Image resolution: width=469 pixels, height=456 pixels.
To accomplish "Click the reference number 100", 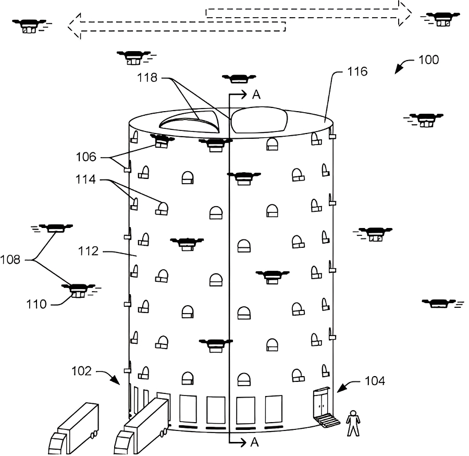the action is tap(429, 60).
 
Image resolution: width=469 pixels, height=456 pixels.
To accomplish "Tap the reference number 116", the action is tap(357, 71).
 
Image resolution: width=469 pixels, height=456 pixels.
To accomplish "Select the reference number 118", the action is tap(147, 78).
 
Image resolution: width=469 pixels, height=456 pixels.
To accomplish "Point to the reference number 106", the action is tap(86, 157).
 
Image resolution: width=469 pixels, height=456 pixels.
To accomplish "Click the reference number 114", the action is tap(85, 179).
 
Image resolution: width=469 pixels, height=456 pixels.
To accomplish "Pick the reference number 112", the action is tap(88, 251).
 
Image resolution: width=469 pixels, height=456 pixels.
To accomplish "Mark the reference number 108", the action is tap(10, 259).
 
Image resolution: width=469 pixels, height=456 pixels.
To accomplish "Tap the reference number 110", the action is tap(36, 304).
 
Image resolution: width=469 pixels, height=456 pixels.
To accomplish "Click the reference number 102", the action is tap(81, 371).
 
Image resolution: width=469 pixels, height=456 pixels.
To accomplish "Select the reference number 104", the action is tap(375, 381).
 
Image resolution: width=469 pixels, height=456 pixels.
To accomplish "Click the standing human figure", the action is tap(353, 423).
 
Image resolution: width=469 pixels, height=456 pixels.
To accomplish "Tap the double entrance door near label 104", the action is tap(322, 403).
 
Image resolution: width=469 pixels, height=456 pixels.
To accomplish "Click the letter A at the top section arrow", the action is tap(256, 94).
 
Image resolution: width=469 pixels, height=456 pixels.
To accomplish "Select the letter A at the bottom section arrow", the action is tap(254, 442).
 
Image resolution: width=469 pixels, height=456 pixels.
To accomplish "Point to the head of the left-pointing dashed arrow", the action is tap(74, 26).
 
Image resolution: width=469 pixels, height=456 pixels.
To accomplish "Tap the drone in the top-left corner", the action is tap(30, 26).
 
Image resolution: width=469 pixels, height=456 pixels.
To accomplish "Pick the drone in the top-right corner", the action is tap(441, 19).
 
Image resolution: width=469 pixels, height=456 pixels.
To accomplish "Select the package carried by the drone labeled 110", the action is tap(78, 295).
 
